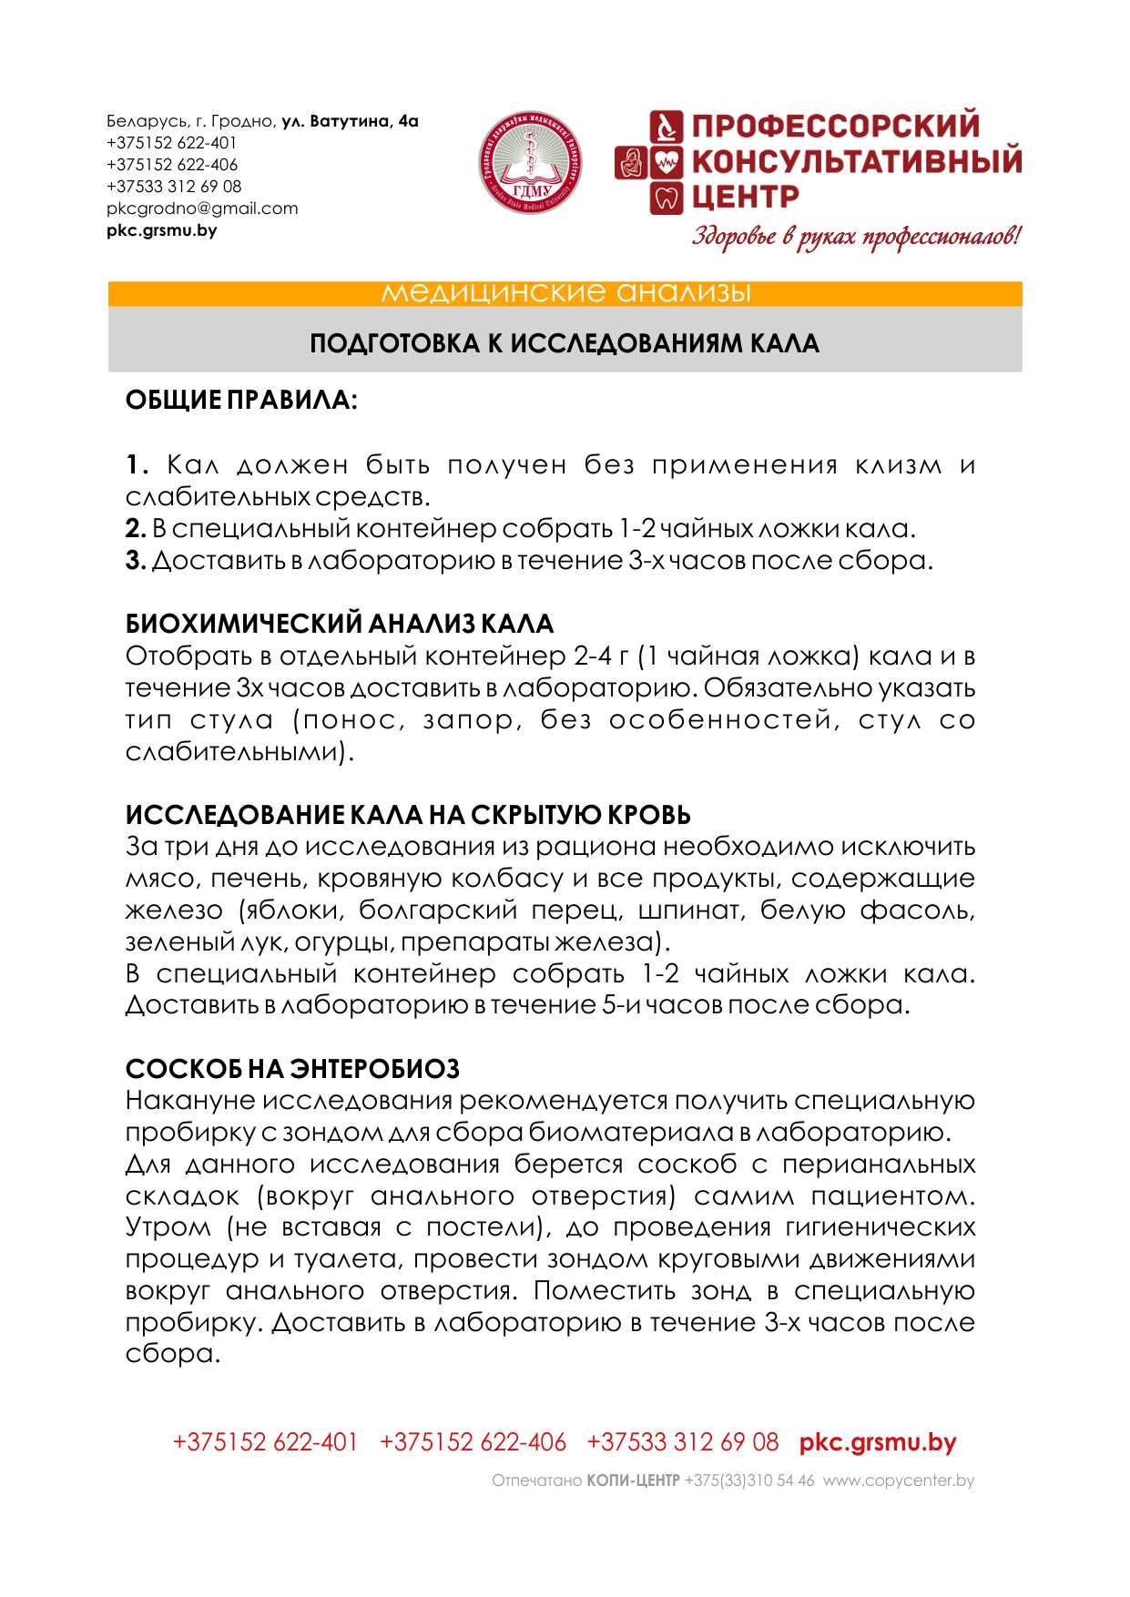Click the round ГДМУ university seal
[x=531, y=164]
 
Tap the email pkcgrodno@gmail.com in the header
[x=202, y=209]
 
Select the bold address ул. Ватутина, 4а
[x=350, y=121]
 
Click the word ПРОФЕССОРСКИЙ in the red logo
[x=835, y=126]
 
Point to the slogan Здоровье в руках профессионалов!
[x=856, y=237]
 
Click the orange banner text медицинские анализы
[x=565, y=293]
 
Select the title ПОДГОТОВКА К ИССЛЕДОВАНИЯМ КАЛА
[x=565, y=343]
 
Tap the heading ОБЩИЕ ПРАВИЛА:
[x=241, y=400]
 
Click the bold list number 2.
[x=135, y=529]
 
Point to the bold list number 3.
[x=135, y=561]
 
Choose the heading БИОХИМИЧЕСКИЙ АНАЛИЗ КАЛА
[x=340, y=624]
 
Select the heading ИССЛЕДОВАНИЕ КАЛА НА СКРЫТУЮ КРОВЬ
[x=408, y=815]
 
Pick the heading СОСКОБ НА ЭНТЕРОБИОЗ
[x=292, y=1069]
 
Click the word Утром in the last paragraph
[x=168, y=1227]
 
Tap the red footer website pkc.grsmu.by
[x=878, y=1442]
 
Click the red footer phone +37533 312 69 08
[x=683, y=1442]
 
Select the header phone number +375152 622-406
[x=172, y=165]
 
